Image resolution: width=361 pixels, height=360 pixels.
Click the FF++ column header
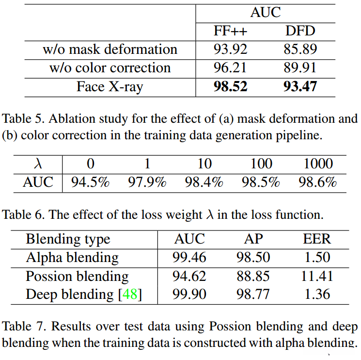[x=230, y=31]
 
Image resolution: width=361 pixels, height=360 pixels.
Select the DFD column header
[x=300, y=31]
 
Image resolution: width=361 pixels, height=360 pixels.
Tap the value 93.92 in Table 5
[x=230, y=49]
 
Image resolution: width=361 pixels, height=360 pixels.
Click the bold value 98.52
[x=230, y=86]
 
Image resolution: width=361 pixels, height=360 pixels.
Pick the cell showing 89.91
[x=300, y=67]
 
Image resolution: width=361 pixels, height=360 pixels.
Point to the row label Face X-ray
[x=110, y=86]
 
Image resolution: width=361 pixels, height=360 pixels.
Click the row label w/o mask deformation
[x=110, y=49]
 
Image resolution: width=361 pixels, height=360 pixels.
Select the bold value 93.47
[x=300, y=86]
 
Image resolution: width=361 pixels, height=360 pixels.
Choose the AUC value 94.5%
[x=90, y=182]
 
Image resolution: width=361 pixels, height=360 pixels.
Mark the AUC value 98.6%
[x=318, y=182]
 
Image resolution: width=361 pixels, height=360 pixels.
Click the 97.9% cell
[x=147, y=182]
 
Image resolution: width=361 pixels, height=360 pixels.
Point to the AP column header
[x=253, y=239]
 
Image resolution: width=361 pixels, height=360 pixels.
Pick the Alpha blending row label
[x=72, y=257]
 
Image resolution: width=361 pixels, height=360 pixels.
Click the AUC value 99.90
[x=189, y=295]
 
